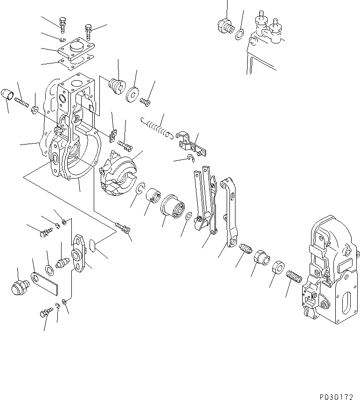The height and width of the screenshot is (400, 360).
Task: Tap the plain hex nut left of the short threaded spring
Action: pos(277,268)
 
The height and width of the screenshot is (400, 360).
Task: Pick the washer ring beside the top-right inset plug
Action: pos(240,34)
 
